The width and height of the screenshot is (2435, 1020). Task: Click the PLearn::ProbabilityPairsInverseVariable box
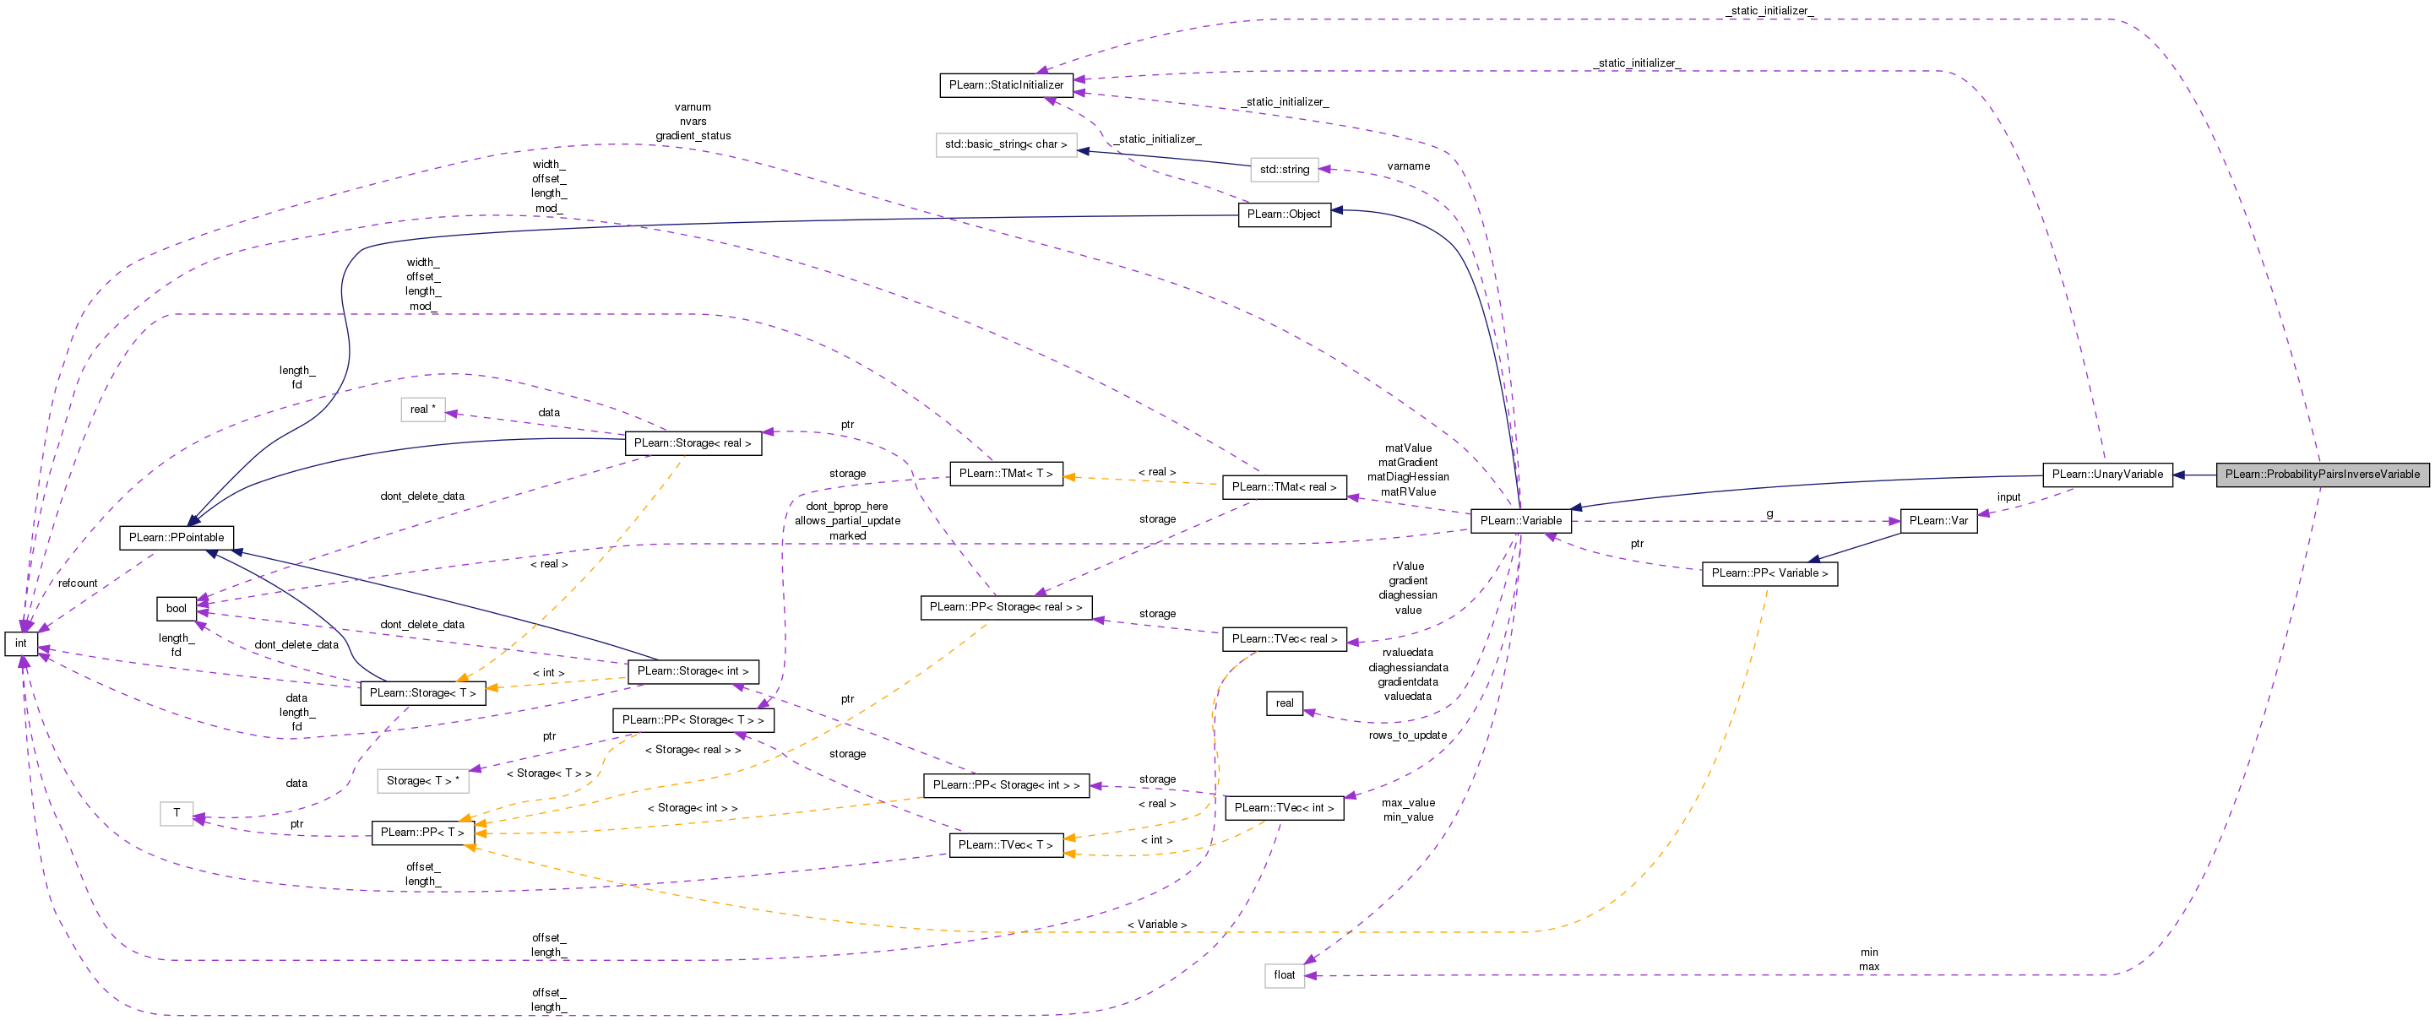(x=2322, y=475)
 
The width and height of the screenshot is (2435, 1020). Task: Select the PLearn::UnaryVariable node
(x=2107, y=475)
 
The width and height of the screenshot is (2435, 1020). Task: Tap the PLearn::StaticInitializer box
(x=1006, y=85)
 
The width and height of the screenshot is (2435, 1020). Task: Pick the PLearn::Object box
(x=1283, y=214)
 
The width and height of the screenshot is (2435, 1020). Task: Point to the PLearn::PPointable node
(x=176, y=538)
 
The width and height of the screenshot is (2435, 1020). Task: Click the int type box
(x=21, y=643)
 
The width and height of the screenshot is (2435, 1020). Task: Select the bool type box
(x=176, y=609)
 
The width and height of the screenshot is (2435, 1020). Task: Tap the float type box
(x=1284, y=975)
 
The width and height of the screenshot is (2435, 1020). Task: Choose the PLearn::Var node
(x=1938, y=521)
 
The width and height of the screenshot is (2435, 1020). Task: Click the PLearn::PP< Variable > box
(x=1769, y=574)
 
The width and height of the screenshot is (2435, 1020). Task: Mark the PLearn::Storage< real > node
(x=692, y=443)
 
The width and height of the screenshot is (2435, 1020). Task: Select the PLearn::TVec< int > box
(x=1284, y=808)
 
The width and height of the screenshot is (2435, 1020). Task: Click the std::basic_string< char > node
(x=1006, y=144)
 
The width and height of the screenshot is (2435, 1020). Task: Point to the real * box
(x=422, y=410)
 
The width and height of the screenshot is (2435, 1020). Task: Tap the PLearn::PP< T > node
(x=421, y=833)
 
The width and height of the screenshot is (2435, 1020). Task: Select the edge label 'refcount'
(x=78, y=583)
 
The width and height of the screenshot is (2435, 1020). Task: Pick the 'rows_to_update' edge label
(x=1406, y=735)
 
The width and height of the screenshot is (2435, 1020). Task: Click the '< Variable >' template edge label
(x=1156, y=925)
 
